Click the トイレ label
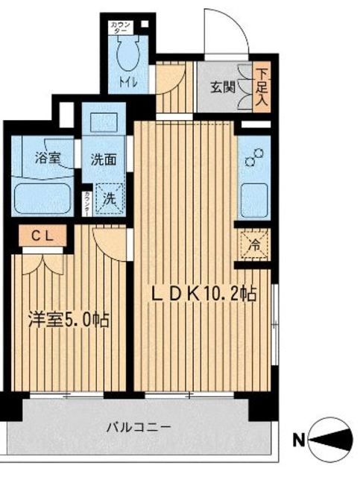coord(129,81)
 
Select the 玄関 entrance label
coord(221,86)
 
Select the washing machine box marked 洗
coord(107,199)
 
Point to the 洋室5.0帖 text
coord(69,321)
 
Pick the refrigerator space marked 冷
coord(252,244)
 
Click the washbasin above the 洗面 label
coord(101,122)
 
